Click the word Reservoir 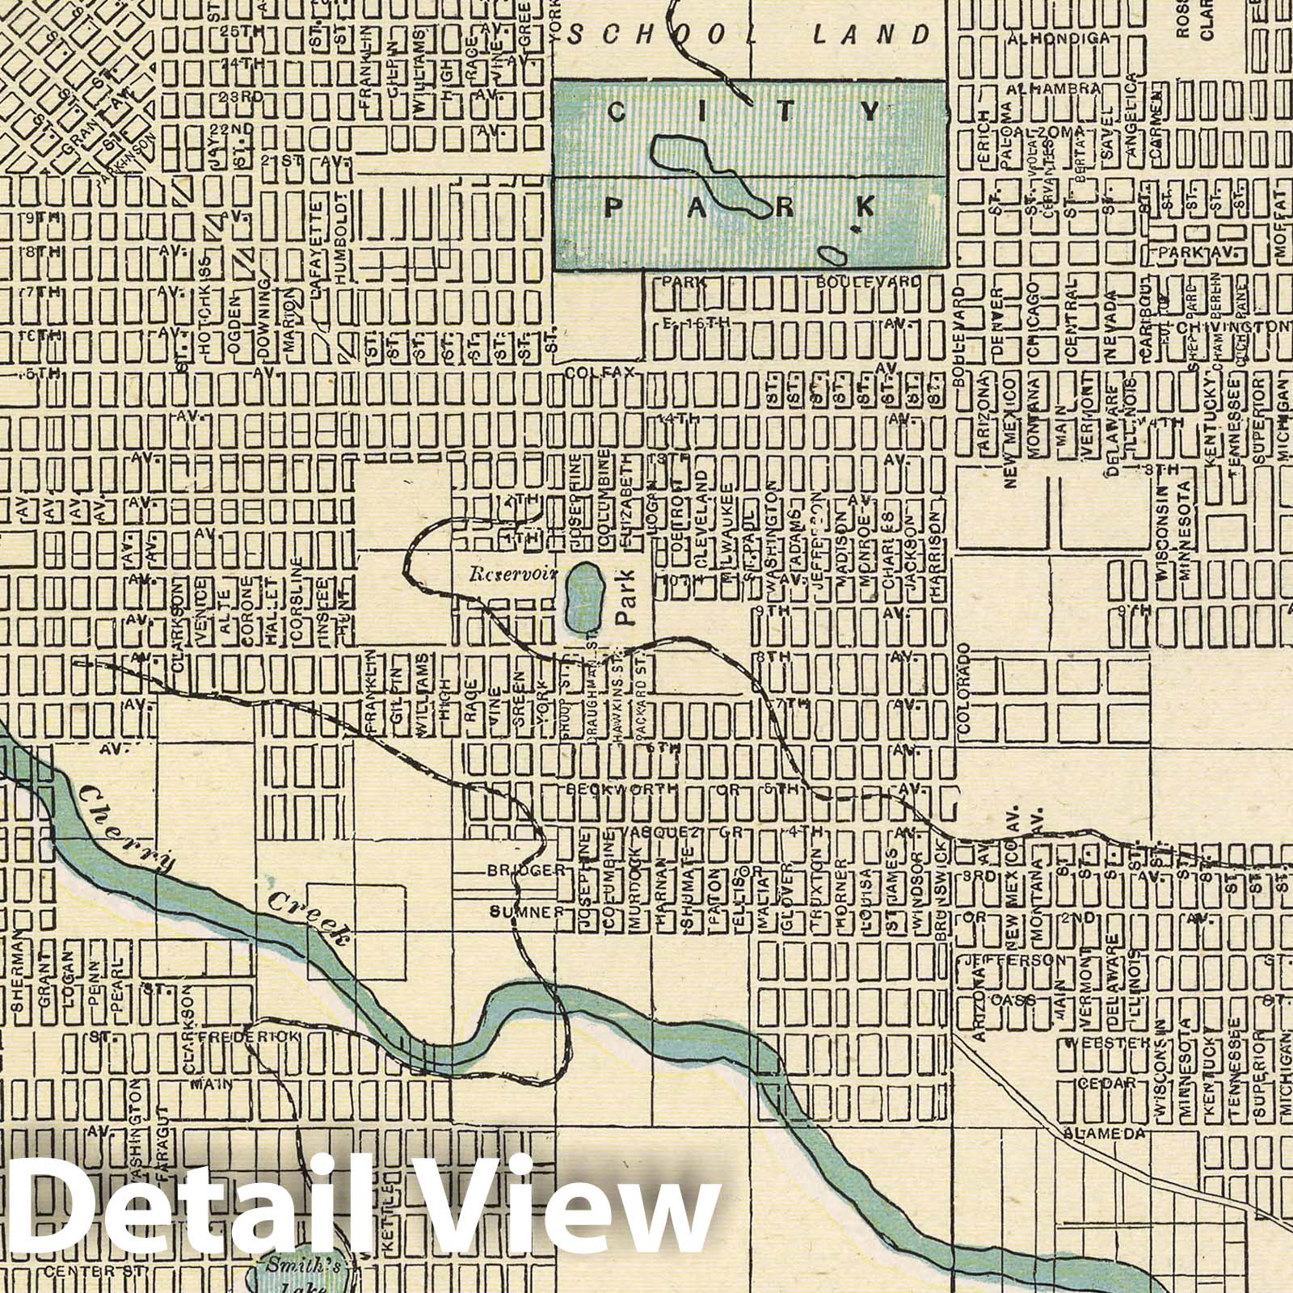pos(508,575)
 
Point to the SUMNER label pos(524,912)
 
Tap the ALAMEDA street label pos(1105,1134)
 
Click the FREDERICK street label pos(250,1036)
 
